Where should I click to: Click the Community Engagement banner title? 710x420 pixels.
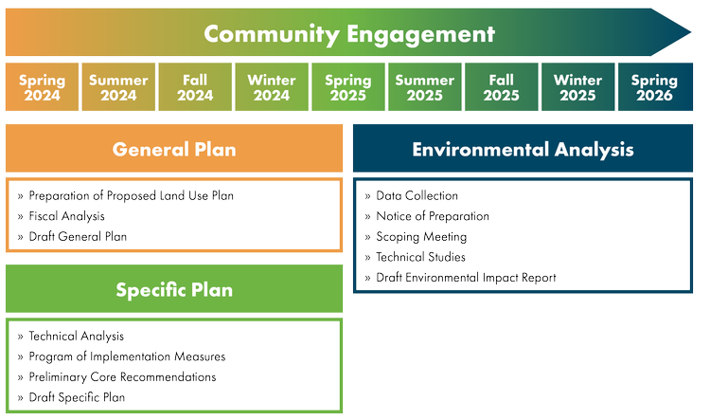[x=349, y=35]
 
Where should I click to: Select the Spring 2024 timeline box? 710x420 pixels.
[x=42, y=88]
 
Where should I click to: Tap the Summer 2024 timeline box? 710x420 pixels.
[x=118, y=88]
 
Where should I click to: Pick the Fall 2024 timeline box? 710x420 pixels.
[x=195, y=88]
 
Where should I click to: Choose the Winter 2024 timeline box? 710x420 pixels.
[x=272, y=88]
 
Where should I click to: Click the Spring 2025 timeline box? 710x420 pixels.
[x=348, y=88]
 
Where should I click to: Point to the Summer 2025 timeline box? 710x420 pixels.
[x=425, y=88]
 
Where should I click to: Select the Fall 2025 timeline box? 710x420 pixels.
[x=502, y=88]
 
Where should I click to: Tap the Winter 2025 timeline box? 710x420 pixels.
[x=577, y=88]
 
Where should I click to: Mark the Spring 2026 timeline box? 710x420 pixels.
[x=654, y=88]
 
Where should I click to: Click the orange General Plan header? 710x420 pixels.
[x=174, y=150]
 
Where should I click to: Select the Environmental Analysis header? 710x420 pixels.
[x=523, y=150]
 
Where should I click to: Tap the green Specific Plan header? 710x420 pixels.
[x=174, y=290]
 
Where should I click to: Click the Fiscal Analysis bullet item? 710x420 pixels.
[x=67, y=216]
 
